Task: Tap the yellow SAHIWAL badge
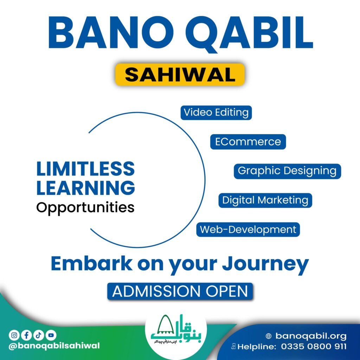pos(180,75)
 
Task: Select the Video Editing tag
pos(216,112)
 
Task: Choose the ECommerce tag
pos(248,142)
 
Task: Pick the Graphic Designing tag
pos(287,171)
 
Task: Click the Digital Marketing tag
pos(265,200)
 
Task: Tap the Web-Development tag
pos(248,230)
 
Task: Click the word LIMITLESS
pos(85,169)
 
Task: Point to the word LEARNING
pos(85,188)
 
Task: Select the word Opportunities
pos(85,207)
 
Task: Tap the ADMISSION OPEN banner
pos(180,291)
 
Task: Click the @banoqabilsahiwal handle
pos(54,346)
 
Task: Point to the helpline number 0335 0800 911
pos(314,346)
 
